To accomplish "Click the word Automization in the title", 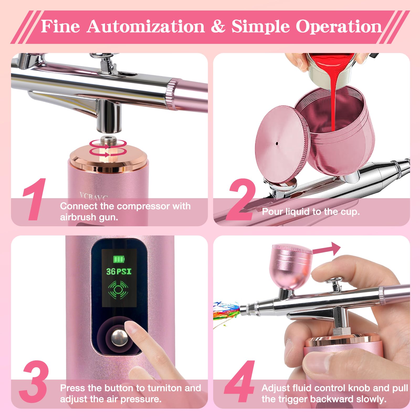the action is pyautogui.click(x=146, y=27).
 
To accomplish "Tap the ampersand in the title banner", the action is pyautogui.click(x=218, y=27).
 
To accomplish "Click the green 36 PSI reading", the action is pyautogui.click(x=119, y=271).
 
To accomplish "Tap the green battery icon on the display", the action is pyautogui.click(x=119, y=259).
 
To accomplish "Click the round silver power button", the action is pyautogui.click(x=119, y=338).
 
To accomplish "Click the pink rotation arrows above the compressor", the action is pyautogui.click(x=108, y=148).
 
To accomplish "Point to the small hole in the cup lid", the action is pyautogui.click(x=277, y=143).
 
